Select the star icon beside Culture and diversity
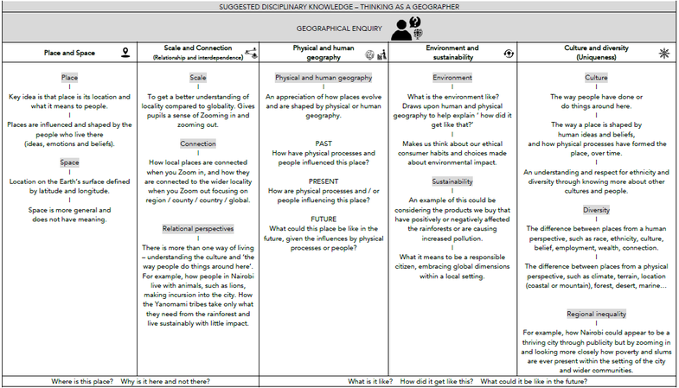tap(664, 53)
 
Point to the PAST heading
tap(323, 143)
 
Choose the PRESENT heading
tap(323, 181)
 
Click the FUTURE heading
tap(323, 219)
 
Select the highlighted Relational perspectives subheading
tap(198, 229)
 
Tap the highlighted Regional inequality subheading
tap(597, 314)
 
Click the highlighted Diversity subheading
tap(597, 210)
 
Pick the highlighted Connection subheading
tap(198, 143)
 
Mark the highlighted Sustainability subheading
tap(452, 181)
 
